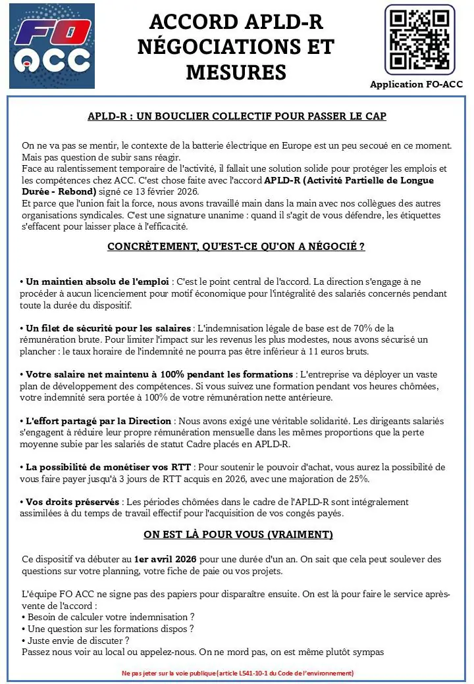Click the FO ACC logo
[x=52, y=46]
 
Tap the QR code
[x=419, y=39]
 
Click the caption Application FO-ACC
[x=416, y=84]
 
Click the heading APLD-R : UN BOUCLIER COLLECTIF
[x=237, y=116]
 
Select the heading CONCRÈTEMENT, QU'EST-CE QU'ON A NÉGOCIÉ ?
[x=236, y=247]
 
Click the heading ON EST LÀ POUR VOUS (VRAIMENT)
[x=238, y=534]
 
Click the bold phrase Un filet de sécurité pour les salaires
[x=109, y=328]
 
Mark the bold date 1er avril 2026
[x=165, y=559]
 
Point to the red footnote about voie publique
[x=237, y=673]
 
